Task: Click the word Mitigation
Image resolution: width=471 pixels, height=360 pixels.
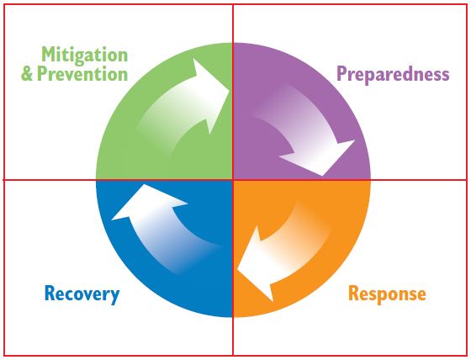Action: [85, 56]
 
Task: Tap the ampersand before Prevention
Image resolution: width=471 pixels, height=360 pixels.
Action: [27, 74]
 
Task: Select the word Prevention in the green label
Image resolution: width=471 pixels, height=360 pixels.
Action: [82, 74]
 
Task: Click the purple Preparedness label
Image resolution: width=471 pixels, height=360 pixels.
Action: [393, 75]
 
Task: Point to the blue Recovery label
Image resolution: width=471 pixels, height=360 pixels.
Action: [82, 294]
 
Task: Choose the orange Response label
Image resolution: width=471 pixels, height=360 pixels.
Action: [387, 294]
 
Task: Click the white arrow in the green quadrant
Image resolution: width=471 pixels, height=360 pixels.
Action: [183, 109]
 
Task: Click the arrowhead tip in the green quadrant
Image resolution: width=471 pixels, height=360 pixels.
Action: [230, 89]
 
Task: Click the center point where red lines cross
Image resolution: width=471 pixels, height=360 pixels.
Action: [233, 180]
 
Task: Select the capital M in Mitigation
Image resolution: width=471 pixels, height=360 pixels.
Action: [50, 55]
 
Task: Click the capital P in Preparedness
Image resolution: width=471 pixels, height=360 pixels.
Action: [341, 73]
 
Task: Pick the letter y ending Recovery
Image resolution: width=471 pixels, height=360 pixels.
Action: [114, 296]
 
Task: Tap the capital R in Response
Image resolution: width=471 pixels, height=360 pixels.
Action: [353, 293]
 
